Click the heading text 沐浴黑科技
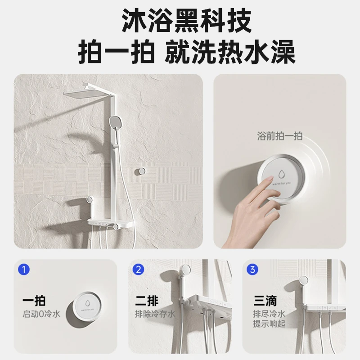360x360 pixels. tap(186, 21)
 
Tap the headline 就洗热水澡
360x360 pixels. tap(230, 52)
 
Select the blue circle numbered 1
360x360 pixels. tap(24, 269)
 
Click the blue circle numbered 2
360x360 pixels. tap(139, 269)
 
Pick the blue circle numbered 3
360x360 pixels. tap(252, 269)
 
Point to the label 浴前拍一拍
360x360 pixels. tap(279, 136)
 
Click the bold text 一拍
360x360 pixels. tap(34, 301)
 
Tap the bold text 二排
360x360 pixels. tap(147, 301)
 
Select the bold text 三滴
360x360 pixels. tap(265, 301)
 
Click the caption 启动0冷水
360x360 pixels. tap(41, 314)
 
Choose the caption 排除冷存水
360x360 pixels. tap(155, 314)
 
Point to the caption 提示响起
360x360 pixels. tap(269, 324)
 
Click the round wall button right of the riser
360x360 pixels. tap(140, 171)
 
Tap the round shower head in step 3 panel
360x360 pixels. tap(303, 281)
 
